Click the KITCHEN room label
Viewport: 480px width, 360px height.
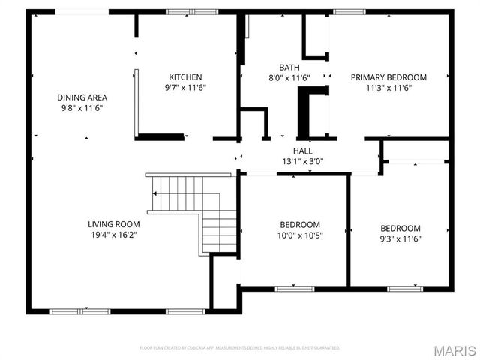185,77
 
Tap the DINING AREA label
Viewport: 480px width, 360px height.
82,97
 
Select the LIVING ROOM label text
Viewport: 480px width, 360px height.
113,223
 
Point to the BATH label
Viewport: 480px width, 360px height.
289,67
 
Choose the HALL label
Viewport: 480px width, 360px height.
303,151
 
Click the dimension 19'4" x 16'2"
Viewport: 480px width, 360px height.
113,234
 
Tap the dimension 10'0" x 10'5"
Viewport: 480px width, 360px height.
300,235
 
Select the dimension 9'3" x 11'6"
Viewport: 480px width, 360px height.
400,239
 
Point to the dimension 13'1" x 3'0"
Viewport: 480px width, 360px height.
303,160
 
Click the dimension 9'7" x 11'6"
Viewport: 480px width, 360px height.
185,88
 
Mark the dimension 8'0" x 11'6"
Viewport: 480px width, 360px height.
289,77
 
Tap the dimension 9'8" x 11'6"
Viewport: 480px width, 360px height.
82,108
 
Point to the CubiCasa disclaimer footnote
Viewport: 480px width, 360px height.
240,348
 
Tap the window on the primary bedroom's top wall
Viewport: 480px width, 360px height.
344,12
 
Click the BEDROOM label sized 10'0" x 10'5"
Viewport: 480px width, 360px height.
300,225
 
